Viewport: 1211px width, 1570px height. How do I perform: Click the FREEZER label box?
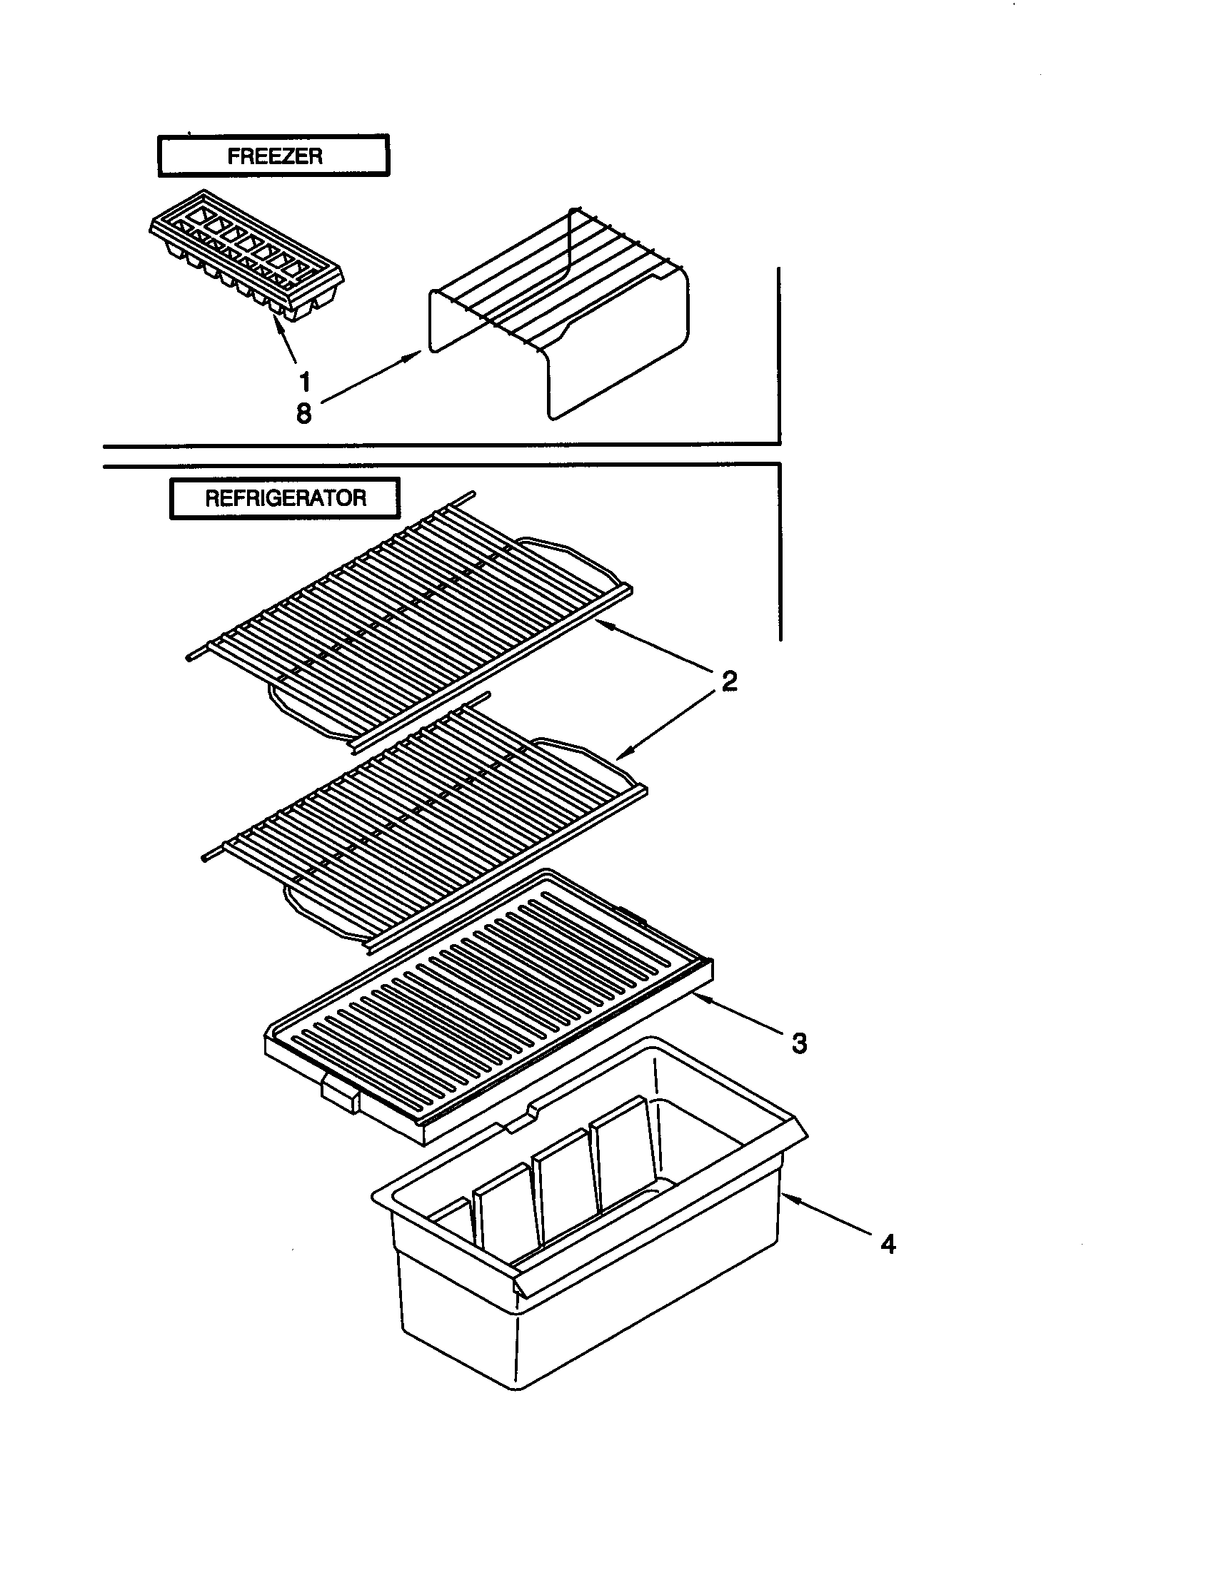coord(273,156)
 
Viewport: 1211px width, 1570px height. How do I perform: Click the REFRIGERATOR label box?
coord(285,497)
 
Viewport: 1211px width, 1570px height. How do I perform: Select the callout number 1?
coord(304,382)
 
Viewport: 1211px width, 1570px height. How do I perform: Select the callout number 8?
coord(304,413)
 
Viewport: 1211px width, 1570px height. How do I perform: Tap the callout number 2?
coord(729,680)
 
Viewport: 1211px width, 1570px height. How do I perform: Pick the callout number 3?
coord(799,1043)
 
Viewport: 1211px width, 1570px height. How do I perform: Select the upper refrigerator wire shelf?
coord(410,625)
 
